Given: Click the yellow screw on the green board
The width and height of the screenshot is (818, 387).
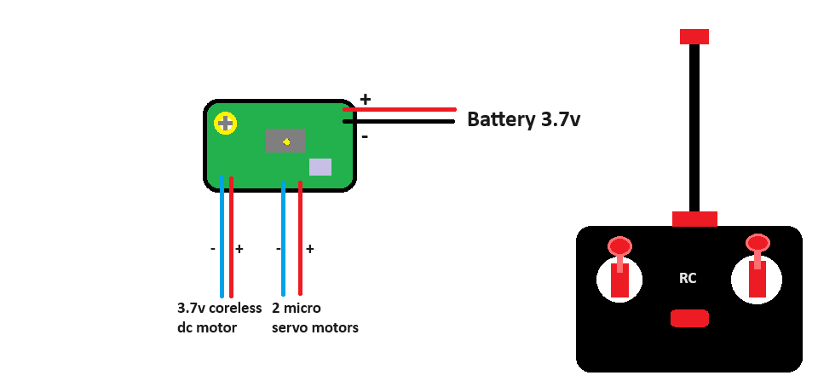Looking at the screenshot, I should coord(226,124).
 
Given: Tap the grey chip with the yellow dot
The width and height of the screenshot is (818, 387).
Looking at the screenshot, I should coord(285,141).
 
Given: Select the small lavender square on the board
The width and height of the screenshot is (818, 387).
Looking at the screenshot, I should coord(320,167).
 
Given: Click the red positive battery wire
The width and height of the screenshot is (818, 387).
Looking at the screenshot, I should coord(400,109).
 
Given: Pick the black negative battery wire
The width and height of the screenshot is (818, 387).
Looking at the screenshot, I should coord(400,121).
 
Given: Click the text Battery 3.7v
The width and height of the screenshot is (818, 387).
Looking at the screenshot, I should coord(523,119).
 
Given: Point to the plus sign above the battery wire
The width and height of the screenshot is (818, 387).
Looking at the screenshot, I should coord(366,99).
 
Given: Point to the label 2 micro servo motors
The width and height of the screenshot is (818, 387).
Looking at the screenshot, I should coord(314,318).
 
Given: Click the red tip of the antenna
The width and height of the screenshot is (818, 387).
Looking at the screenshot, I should coord(694,37).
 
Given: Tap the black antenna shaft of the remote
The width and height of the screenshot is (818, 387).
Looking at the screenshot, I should coord(694,128).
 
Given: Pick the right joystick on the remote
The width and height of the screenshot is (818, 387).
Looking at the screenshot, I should coord(758,269).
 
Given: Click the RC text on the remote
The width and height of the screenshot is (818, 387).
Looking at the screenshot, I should coord(688,278).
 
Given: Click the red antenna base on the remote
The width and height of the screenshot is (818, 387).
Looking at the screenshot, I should coord(694,219).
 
